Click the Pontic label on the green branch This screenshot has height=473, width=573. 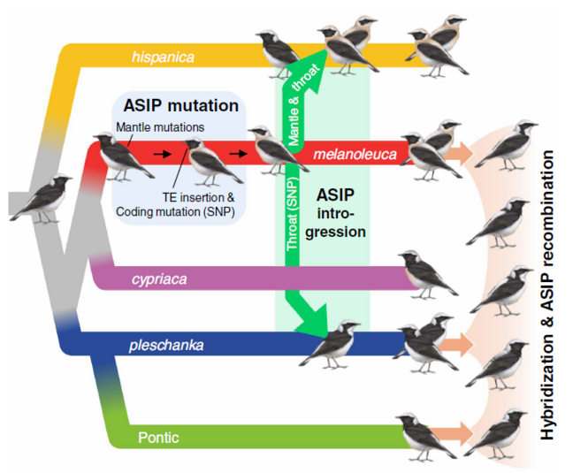pos(159,437)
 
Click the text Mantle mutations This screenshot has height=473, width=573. pos(160,127)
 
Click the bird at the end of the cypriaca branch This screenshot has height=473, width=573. pos(427,273)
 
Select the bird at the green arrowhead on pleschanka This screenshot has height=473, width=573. pos(334,344)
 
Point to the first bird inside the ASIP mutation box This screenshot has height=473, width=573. pos(124,156)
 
